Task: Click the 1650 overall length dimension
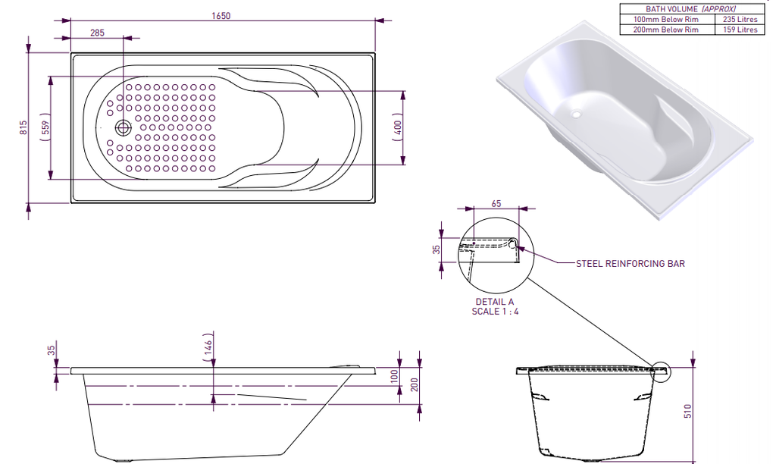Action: point(221,15)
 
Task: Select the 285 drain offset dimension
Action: point(97,33)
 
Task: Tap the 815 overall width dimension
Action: point(23,127)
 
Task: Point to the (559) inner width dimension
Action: point(45,127)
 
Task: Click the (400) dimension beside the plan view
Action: point(398,127)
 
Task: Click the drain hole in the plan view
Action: point(123,127)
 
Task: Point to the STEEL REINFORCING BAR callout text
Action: point(630,263)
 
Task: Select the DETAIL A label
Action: point(495,301)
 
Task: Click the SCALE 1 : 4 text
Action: point(495,311)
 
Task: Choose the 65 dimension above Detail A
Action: point(496,204)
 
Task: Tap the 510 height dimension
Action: point(688,412)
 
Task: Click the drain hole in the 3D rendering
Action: point(575,116)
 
